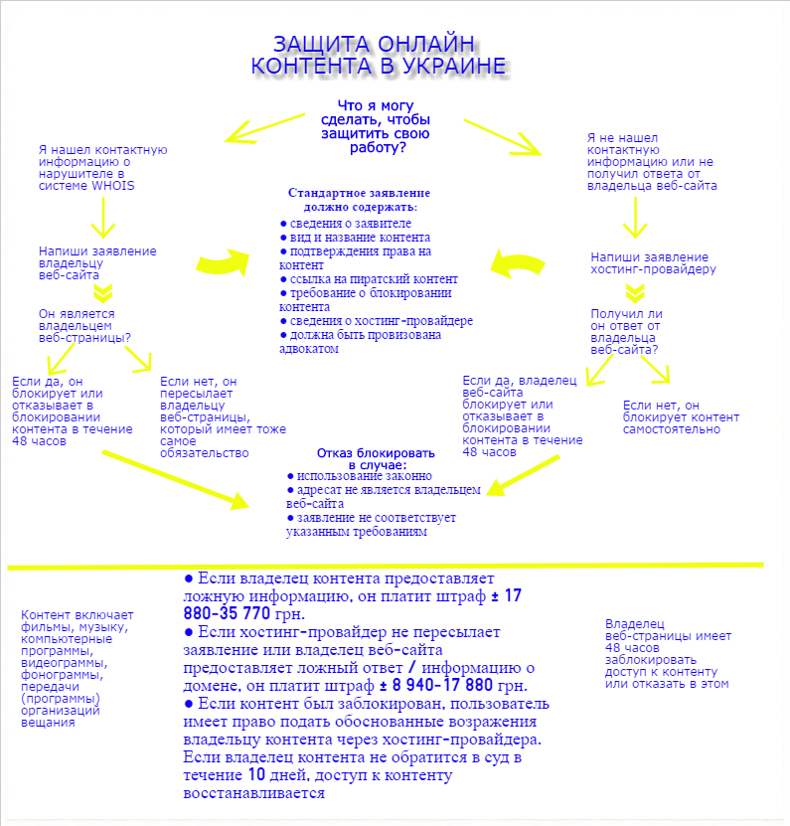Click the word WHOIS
(x=115, y=186)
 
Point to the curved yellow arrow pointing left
(x=519, y=265)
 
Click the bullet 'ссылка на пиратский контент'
(x=369, y=279)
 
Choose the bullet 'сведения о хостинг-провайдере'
(x=376, y=321)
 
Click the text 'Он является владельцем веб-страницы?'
(x=84, y=325)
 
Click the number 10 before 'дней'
(x=256, y=775)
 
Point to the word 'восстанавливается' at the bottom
(x=254, y=794)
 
